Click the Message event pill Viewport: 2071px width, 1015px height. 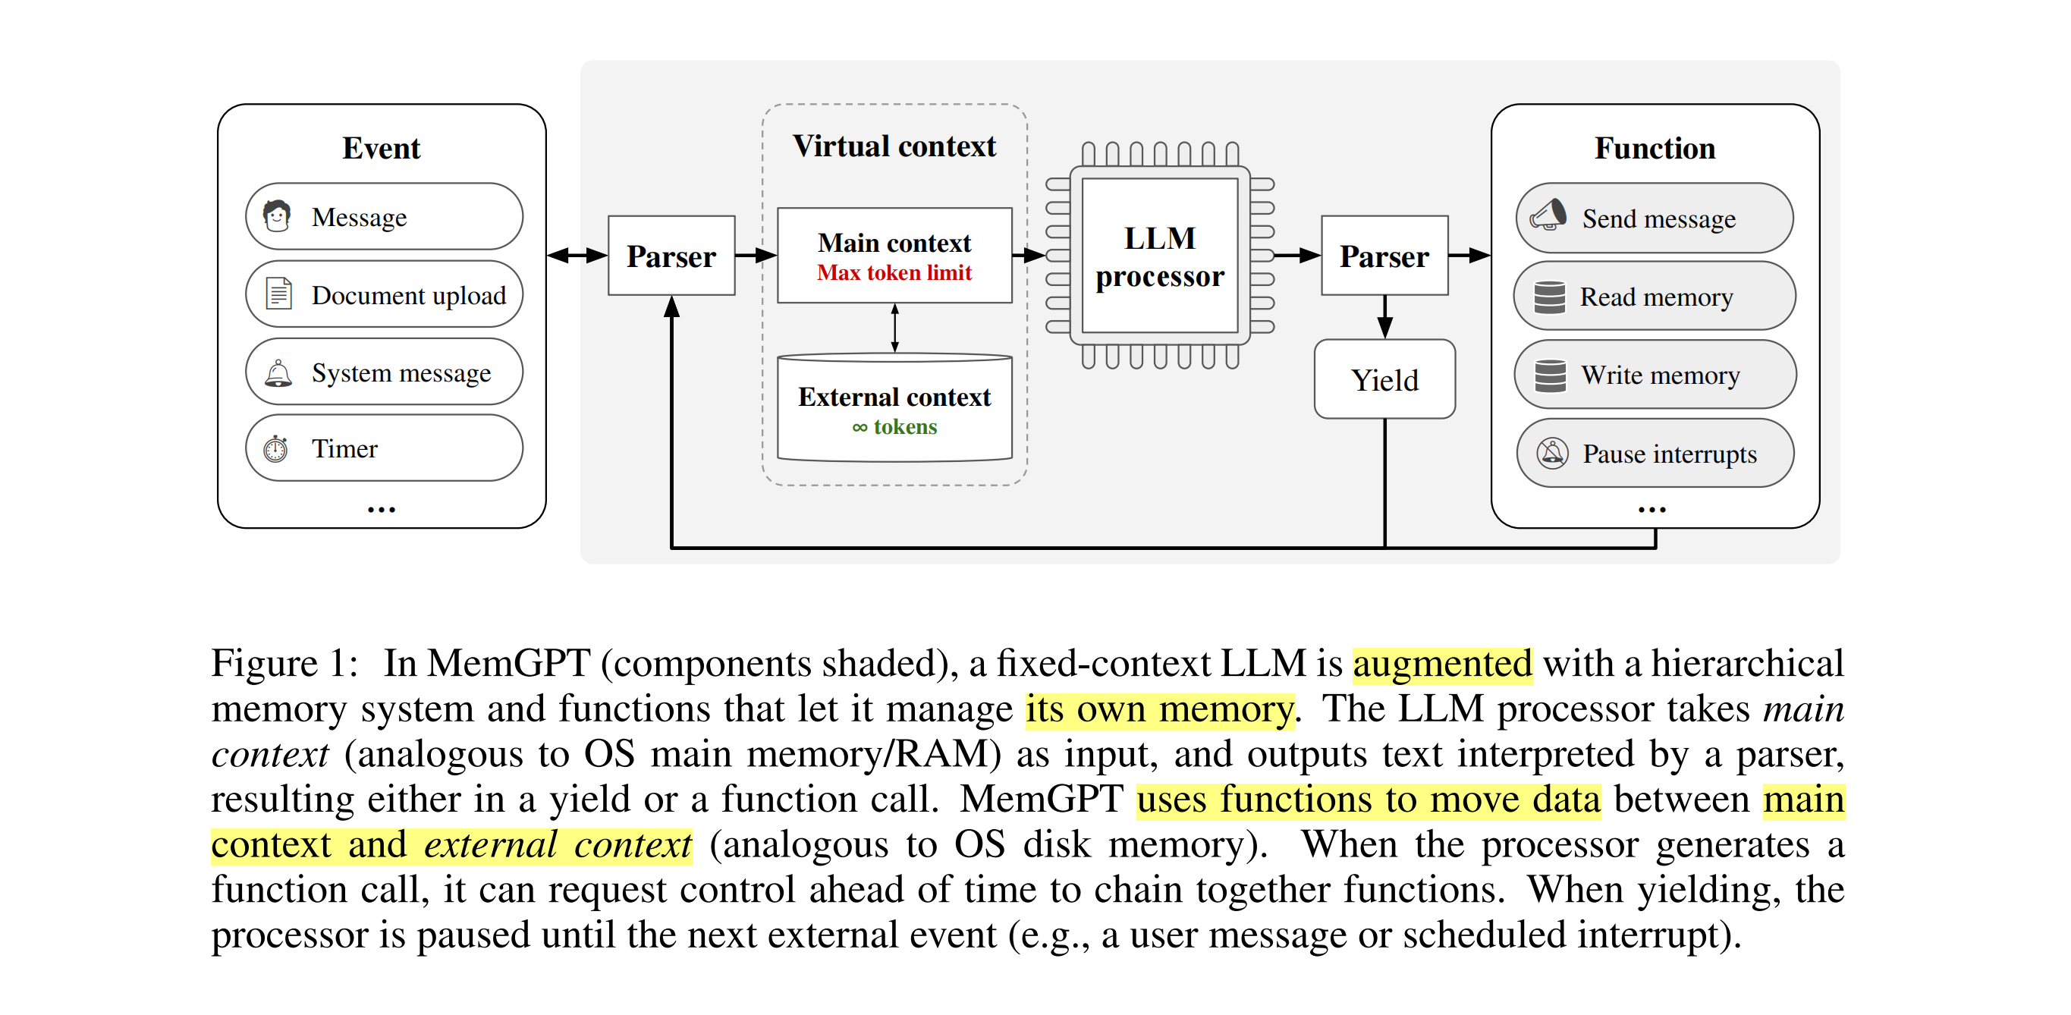(384, 217)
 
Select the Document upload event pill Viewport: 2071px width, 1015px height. (384, 295)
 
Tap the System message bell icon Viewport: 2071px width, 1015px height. (278, 373)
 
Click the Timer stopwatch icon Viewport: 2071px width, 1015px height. (276, 448)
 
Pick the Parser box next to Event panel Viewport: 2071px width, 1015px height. (671, 256)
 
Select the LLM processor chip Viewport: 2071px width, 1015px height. (1159, 256)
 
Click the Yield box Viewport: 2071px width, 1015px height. (1384, 379)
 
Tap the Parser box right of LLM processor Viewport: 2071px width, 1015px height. (1384, 256)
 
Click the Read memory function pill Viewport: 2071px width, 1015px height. (1654, 297)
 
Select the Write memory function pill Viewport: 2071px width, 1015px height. (1654, 375)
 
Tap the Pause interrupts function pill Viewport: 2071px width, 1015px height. (1654, 453)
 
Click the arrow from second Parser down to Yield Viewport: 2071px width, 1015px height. (1384, 316)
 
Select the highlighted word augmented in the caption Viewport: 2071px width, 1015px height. (1441, 665)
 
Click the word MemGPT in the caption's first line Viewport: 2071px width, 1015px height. (508, 665)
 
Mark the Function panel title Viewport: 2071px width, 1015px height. (1654, 149)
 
